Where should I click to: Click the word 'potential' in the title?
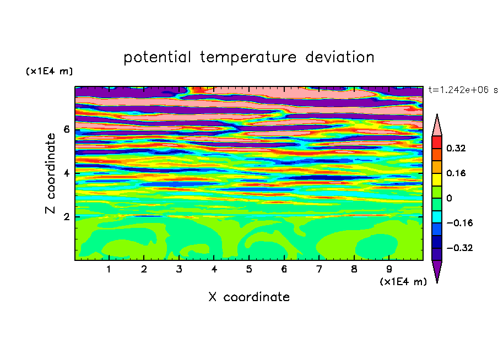tap(157, 58)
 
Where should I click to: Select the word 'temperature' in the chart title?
tap(248, 58)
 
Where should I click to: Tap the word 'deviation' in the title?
tap(340, 57)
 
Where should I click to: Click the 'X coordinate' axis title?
tap(249, 297)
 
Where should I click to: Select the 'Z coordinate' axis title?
tap(50, 173)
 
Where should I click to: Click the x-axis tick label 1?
tap(109, 269)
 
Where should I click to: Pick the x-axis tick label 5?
tap(249, 269)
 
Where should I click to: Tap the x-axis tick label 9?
tap(389, 269)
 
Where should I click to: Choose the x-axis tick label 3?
tap(179, 269)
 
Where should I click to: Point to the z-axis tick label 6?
tap(66, 129)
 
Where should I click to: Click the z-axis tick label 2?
tap(66, 217)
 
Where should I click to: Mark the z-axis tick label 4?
tap(66, 173)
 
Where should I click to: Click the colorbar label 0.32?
tap(456, 148)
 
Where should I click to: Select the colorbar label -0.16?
tap(459, 223)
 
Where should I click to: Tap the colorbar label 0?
tap(449, 198)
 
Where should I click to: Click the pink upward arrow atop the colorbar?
tap(437, 126)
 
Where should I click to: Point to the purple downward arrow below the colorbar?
tap(437, 271)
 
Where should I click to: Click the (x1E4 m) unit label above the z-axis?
tap(49, 71)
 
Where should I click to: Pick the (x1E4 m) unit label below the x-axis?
tap(403, 282)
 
